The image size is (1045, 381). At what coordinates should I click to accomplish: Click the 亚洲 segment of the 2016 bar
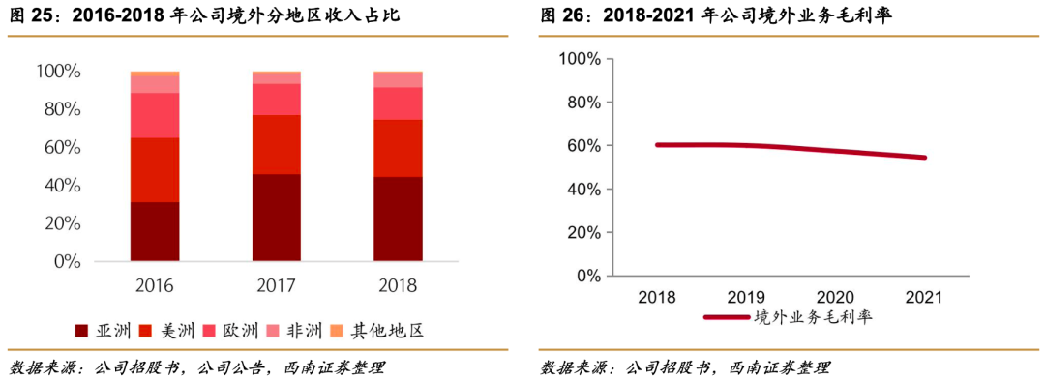[x=155, y=231]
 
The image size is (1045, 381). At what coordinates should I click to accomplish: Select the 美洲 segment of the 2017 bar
[x=276, y=144]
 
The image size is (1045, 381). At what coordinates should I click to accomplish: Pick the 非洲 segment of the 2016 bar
[x=155, y=84]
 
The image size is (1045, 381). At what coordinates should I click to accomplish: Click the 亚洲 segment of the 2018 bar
[x=398, y=219]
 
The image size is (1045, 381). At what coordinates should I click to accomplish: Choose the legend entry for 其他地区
[x=377, y=331]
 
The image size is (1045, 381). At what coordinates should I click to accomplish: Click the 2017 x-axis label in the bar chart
[x=276, y=285]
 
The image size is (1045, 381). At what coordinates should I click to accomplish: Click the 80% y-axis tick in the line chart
[x=581, y=103]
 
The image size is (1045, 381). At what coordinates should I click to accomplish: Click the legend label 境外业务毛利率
[x=813, y=317]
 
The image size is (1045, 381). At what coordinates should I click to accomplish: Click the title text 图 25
[x=29, y=16]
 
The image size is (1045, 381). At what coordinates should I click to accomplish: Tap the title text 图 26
[x=559, y=16]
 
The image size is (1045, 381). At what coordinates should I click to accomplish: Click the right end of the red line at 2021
[x=925, y=157]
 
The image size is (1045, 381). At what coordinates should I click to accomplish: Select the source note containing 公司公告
[x=198, y=367]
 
